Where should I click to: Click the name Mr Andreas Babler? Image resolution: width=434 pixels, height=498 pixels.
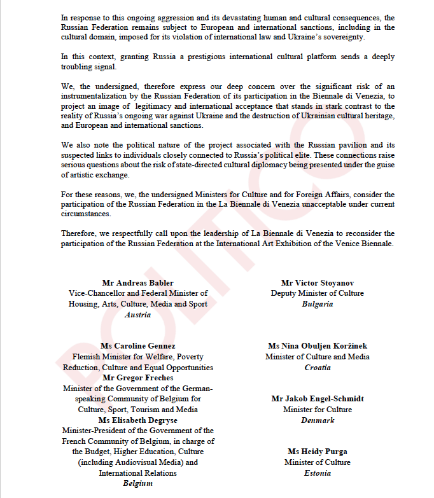137,283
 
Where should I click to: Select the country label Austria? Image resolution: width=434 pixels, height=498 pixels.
137,315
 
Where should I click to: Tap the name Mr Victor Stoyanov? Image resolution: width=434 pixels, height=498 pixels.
318,283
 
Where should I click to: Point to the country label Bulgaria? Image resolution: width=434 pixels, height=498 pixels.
318,304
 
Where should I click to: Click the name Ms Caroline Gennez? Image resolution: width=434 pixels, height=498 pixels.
137,346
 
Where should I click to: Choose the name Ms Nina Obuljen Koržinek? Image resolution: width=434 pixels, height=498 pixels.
318,346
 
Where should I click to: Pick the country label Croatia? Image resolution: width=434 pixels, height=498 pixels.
318,368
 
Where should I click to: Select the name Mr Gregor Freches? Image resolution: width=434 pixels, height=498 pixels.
137,378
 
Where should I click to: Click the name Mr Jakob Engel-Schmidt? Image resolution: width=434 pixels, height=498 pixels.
318,399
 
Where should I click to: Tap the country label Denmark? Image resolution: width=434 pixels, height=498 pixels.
318,420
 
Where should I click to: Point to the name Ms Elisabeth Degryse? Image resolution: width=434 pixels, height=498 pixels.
137,420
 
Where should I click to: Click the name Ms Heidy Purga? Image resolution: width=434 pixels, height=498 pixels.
318,452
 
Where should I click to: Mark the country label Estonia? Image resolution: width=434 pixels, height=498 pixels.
318,473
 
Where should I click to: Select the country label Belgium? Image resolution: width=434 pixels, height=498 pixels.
137,483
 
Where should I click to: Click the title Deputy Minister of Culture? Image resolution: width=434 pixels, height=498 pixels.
318,293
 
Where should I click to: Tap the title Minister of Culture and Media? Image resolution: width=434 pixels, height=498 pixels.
318,357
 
